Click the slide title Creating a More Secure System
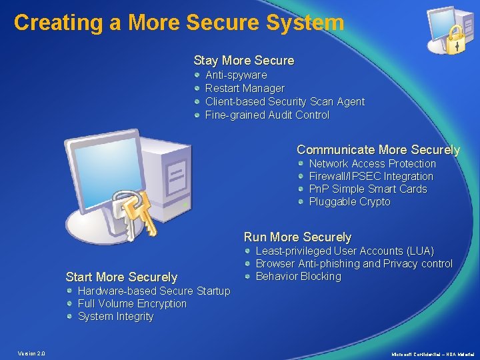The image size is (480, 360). point(179,23)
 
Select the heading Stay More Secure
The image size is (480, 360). point(243,61)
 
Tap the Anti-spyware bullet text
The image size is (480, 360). point(235,75)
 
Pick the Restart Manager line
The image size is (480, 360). point(244,89)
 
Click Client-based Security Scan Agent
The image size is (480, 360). point(285,102)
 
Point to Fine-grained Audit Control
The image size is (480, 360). point(267,115)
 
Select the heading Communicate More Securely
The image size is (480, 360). point(378,150)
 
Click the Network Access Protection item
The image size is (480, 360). point(372,164)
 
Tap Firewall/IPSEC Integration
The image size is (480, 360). point(371,177)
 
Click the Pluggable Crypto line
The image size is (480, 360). point(349,202)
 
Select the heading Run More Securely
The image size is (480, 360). point(297,237)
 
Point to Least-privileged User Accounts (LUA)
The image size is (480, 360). point(345,251)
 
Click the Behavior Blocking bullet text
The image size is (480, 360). point(298,277)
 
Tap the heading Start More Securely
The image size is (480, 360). point(121,277)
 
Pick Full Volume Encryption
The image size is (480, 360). point(132,304)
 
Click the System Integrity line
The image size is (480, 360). point(115,317)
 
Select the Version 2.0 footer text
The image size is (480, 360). point(31,353)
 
